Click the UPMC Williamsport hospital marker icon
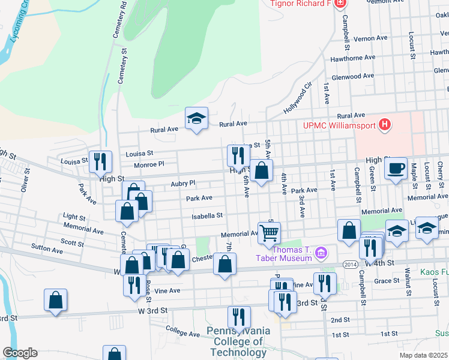click(x=385, y=125)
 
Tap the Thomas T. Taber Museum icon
click(x=322, y=253)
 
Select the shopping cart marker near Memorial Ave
click(x=270, y=232)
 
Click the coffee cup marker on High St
click(x=396, y=168)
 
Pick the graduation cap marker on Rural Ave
click(x=196, y=119)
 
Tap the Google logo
click(x=20, y=353)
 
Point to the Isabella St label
click(x=207, y=215)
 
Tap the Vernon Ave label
click(x=370, y=38)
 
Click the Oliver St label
click(x=25, y=180)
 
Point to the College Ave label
click(x=182, y=331)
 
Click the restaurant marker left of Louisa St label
click(x=99, y=160)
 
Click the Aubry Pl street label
click(x=183, y=183)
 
